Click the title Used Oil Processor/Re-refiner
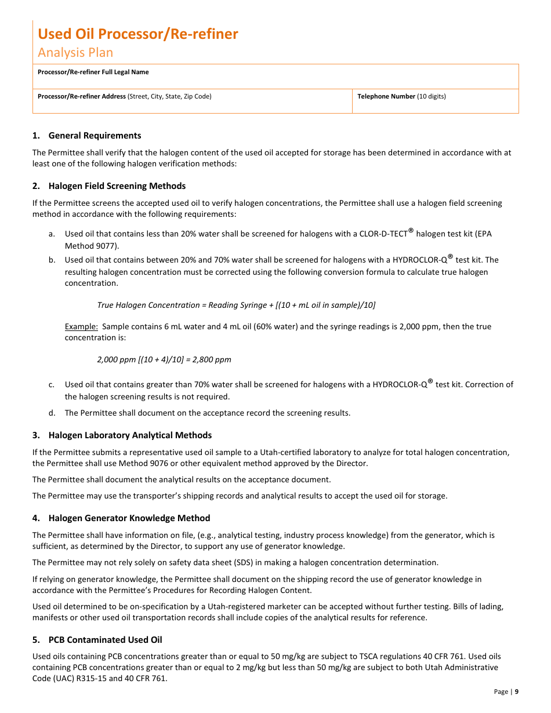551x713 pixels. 138,34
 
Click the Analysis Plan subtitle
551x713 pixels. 75,53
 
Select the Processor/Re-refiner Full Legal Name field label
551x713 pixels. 93,72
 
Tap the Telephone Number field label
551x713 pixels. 401,97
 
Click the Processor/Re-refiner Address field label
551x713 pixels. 124,97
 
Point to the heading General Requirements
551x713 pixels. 95,136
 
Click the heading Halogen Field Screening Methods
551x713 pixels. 117,186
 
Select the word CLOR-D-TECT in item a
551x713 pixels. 383,234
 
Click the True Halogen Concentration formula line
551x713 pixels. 236,305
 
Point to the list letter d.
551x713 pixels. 52,413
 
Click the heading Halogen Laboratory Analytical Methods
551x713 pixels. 130,435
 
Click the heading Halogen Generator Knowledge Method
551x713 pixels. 129,518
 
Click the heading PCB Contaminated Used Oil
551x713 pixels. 105,640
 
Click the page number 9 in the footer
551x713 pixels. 517,692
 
